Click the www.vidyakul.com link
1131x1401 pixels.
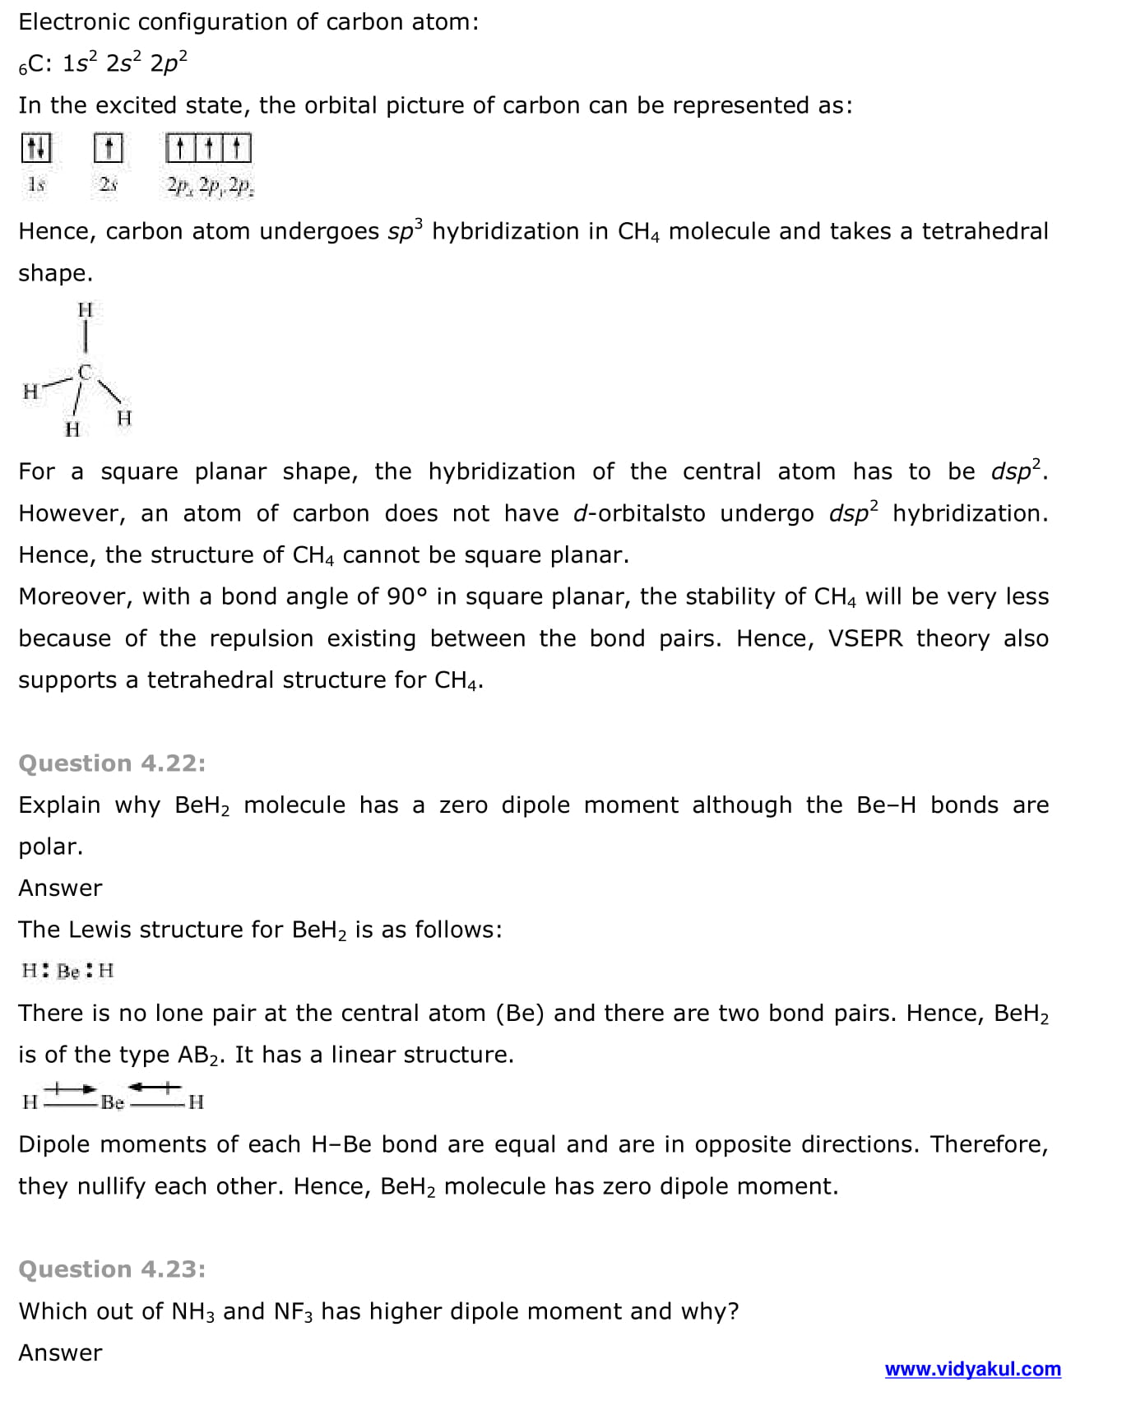(972, 1369)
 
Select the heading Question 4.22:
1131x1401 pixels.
(112, 763)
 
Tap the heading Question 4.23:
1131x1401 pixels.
(112, 1269)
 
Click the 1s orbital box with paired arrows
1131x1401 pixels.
(36, 149)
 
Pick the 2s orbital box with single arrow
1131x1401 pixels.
(108, 149)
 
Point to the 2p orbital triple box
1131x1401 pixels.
(209, 149)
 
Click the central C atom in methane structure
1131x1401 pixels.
(85, 372)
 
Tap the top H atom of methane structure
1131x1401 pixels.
(85, 310)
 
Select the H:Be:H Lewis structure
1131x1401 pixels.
(67, 971)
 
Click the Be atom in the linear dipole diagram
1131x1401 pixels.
(113, 1102)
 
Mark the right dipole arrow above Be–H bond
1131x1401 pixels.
(155, 1088)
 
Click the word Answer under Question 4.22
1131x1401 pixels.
(60, 888)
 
